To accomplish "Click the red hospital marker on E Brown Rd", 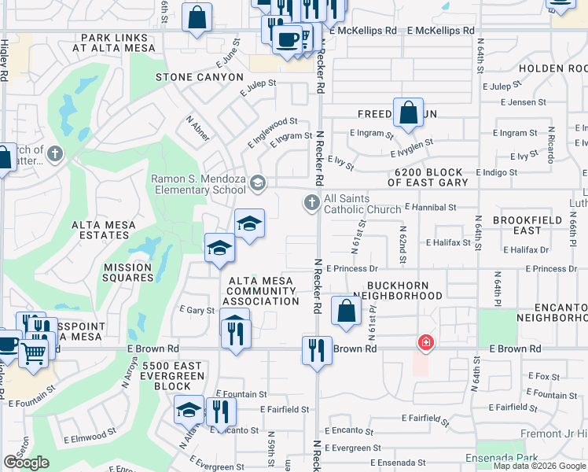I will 425,343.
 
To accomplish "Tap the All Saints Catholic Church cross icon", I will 311,204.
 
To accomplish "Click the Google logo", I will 26,463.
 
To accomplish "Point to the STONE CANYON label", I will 200,77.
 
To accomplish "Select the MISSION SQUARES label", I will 128,272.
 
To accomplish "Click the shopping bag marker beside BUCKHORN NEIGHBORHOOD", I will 346,310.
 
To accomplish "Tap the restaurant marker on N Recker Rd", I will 316,348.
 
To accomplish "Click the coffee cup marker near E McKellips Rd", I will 288,39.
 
